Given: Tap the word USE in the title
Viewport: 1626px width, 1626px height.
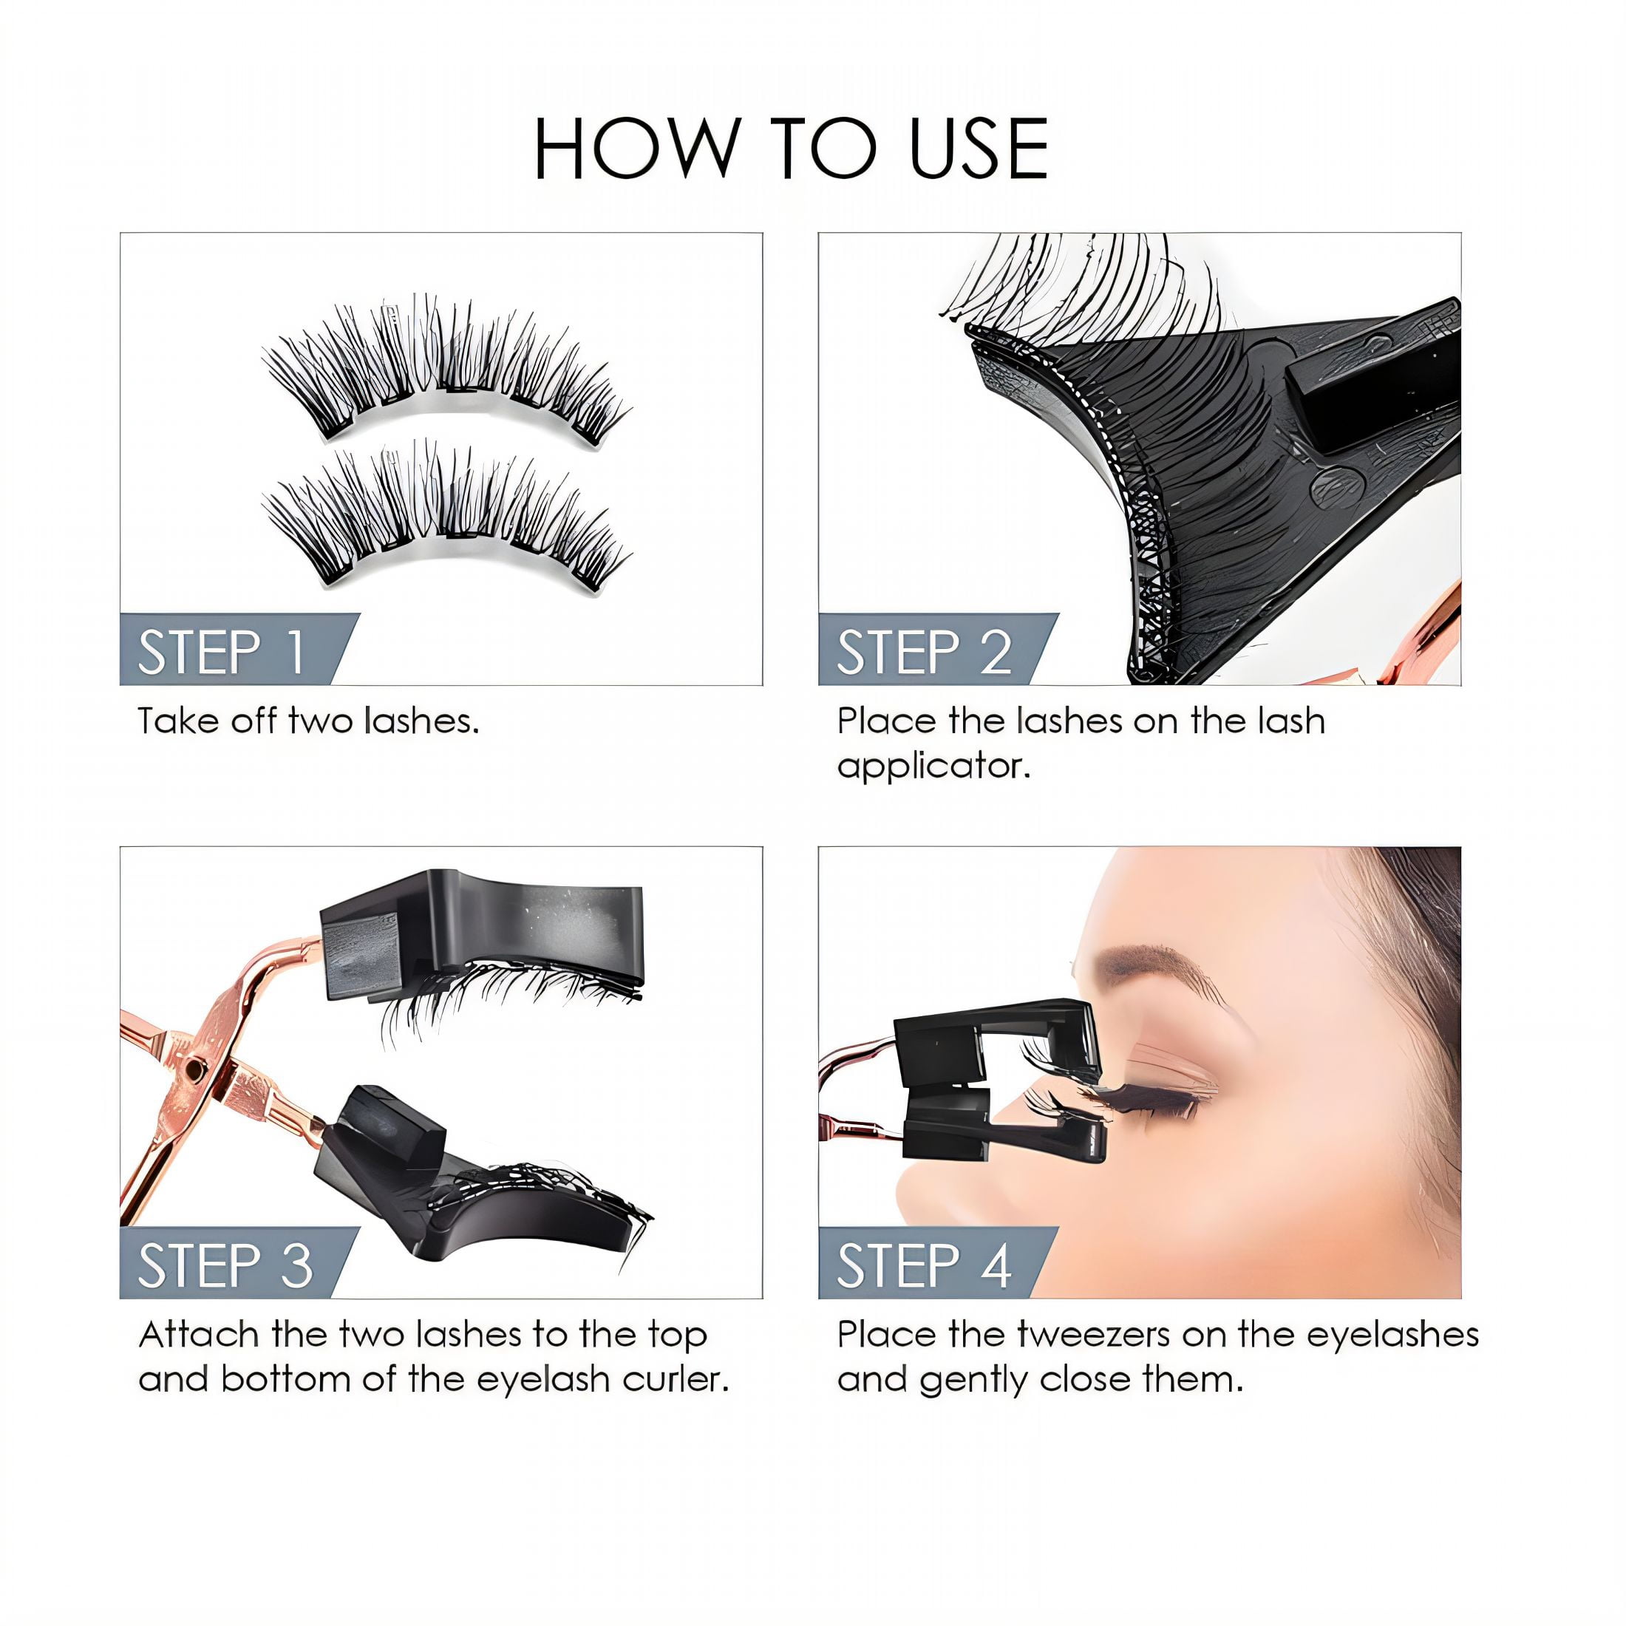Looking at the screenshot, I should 979,149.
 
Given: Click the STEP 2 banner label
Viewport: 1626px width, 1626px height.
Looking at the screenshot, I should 923,653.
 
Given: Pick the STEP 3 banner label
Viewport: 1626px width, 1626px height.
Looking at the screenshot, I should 225,1266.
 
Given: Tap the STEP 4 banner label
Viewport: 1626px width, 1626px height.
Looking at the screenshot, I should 923,1266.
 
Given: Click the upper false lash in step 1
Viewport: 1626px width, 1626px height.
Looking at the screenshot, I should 446,370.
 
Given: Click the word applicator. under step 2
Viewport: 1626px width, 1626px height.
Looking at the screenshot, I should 933,766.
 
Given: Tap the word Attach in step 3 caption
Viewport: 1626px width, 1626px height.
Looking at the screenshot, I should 200,1335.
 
